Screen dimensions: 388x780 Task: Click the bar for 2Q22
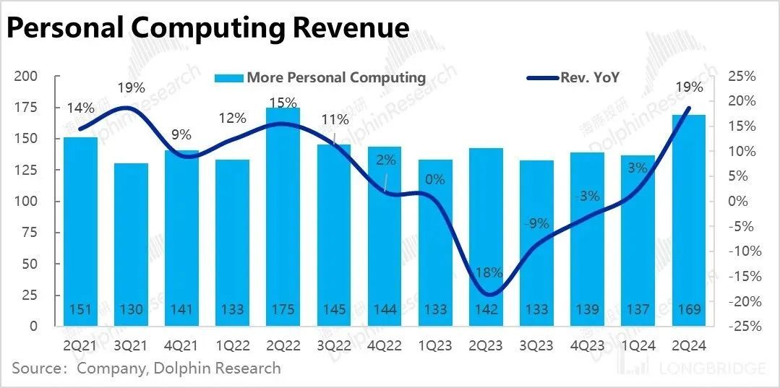tap(283, 216)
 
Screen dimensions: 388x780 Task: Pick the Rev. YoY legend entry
tap(589, 78)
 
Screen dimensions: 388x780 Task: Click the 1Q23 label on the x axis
tap(435, 346)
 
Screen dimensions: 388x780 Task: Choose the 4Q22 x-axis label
tap(385, 346)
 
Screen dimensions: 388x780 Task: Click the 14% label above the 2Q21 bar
tap(81, 108)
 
